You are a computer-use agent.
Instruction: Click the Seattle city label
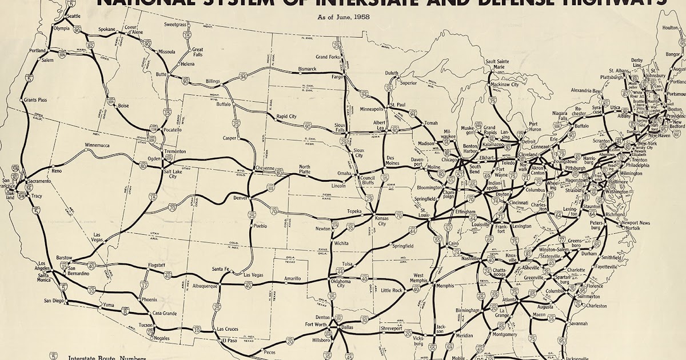click(74, 15)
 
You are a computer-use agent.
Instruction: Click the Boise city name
click(123, 106)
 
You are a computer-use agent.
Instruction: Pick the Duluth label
click(392, 73)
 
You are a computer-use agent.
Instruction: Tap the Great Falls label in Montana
click(198, 53)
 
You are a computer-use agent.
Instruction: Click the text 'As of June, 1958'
click(344, 17)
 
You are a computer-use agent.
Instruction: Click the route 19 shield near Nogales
click(150, 330)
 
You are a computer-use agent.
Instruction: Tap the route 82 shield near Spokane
click(90, 45)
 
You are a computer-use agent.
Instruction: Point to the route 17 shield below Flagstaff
click(145, 285)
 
